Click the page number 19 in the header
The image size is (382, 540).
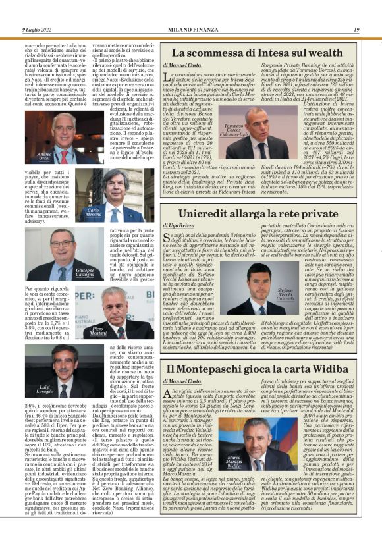(356, 30)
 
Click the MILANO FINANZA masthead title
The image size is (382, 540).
(190, 30)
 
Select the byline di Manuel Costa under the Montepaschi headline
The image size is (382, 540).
(182, 381)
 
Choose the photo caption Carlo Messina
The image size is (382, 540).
(94, 212)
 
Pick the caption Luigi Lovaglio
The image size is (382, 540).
(45, 389)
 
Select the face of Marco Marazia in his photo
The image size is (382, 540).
(268, 434)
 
